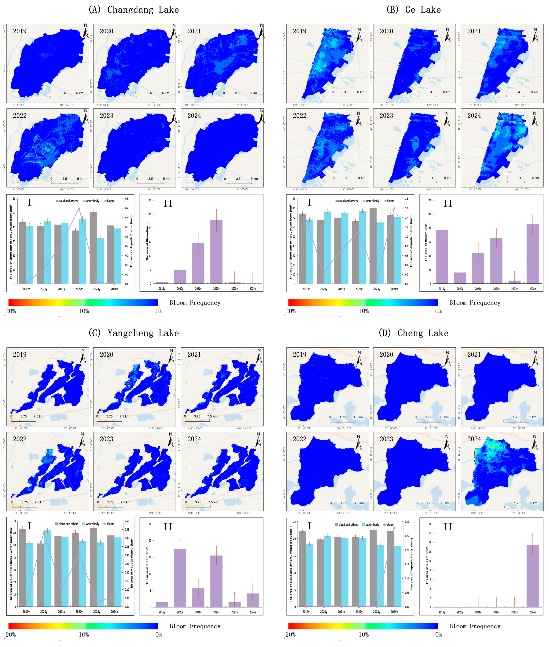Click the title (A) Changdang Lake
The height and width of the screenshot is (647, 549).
134,10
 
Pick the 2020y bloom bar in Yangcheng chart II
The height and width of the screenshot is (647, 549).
180,578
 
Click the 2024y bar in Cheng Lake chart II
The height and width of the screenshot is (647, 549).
532,576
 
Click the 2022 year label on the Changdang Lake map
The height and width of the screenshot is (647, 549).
20,116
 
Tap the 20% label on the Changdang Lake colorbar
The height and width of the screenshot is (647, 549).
11,311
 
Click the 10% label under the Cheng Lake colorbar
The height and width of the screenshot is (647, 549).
363,634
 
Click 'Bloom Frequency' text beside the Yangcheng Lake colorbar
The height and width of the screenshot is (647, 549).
195,626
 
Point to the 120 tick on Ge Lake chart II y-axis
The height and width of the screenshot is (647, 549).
429,200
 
